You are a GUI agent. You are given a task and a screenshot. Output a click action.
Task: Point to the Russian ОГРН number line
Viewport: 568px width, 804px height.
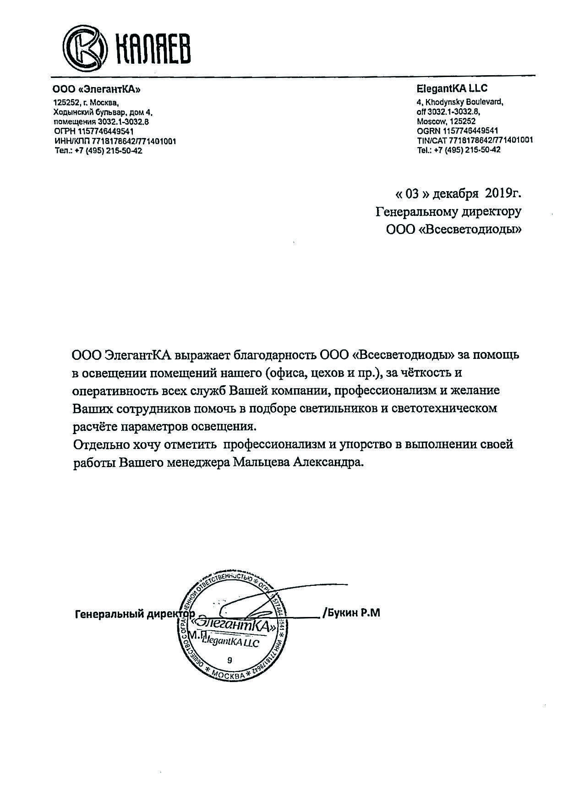pos(93,132)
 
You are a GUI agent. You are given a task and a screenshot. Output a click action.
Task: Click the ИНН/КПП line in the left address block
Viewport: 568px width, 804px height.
pos(115,141)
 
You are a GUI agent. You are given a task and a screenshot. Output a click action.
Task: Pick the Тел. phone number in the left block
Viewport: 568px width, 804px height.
pos(98,151)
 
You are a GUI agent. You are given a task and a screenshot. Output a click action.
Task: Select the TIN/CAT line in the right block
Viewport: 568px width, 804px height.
pos(475,140)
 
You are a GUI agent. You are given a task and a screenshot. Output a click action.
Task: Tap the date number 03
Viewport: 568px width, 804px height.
pos(412,194)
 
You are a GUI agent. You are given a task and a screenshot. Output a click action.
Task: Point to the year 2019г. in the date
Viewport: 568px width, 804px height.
pos(503,194)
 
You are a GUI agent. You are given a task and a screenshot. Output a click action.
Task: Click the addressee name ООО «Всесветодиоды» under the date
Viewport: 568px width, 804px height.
pos(453,229)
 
